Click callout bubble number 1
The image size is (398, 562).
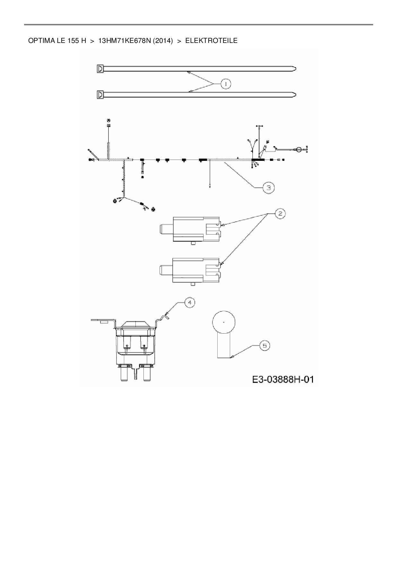click(x=226, y=84)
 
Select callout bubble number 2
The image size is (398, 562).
click(x=280, y=213)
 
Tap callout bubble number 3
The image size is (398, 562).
click(x=268, y=188)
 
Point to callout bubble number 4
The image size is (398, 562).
click(x=190, y=302)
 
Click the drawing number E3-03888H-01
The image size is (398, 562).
click(x=283, y=380)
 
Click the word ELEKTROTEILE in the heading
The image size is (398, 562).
click(x=211, y=41)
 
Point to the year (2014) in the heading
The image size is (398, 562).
click(x=163, y=41)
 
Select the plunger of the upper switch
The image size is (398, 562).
click(x=166, y=229)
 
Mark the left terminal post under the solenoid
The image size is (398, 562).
click(x=124, y=372)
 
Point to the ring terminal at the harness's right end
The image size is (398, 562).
click(x=298, y=149)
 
